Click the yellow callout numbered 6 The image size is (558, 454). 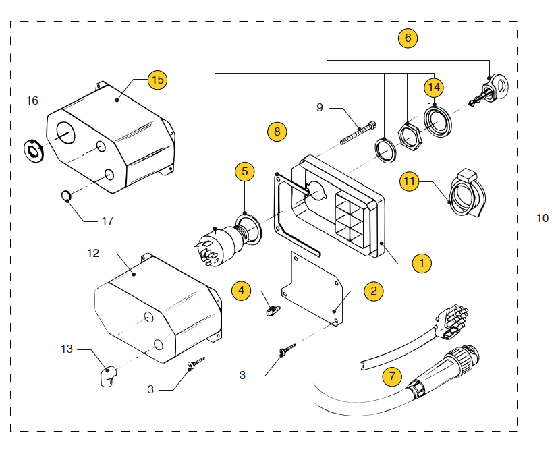coord(408,38)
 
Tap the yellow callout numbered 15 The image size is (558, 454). coord(157,80)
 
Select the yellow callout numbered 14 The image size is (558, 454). coord(433,88)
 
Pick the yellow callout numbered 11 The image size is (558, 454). coord(409,181)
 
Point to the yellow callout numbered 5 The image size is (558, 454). coord(244,171)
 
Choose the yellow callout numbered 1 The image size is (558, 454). coord(422,262)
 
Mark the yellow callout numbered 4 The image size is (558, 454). coord(241,291)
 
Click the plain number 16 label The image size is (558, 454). coord(32,101)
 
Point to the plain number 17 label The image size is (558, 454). coord(108,221)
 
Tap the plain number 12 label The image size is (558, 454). coord(93,253)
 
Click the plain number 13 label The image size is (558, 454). coord(67,349)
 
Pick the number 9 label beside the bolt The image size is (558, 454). coord(320,107)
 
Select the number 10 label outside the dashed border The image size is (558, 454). coord(542,218)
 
